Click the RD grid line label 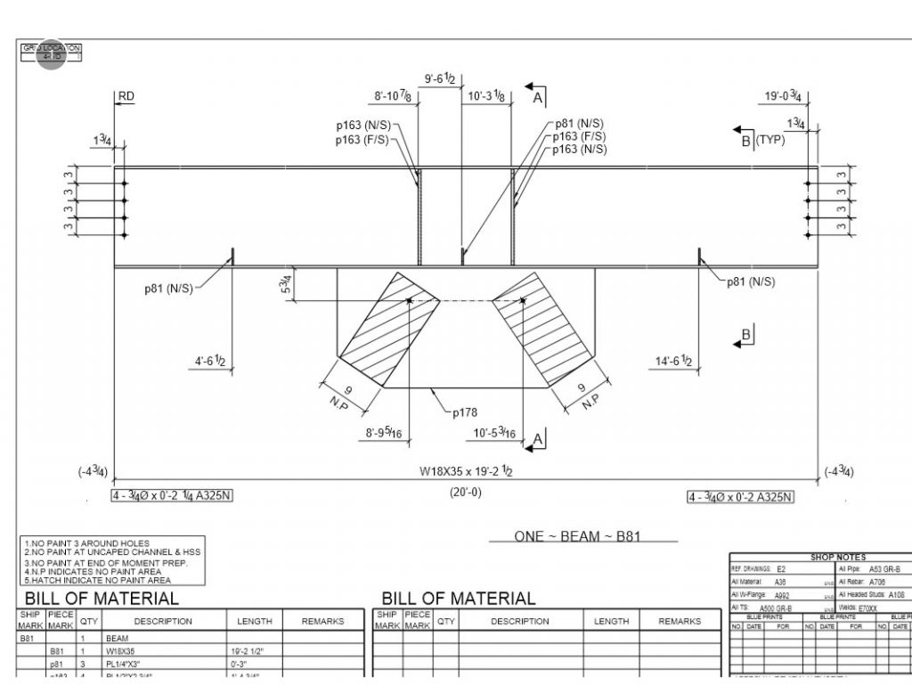(126, 96)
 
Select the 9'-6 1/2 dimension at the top (440, 79)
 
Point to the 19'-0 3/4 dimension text (784, 96)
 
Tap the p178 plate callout (466, 413)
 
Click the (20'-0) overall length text (466, 493)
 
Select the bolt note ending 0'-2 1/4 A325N (172, 495)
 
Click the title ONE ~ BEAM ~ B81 (577, 536)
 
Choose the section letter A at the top (538, 98)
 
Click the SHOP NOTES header (837, 558)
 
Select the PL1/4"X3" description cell (134, 664)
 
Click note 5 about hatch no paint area (98, 580)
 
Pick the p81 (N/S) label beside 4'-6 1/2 (169, 289)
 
